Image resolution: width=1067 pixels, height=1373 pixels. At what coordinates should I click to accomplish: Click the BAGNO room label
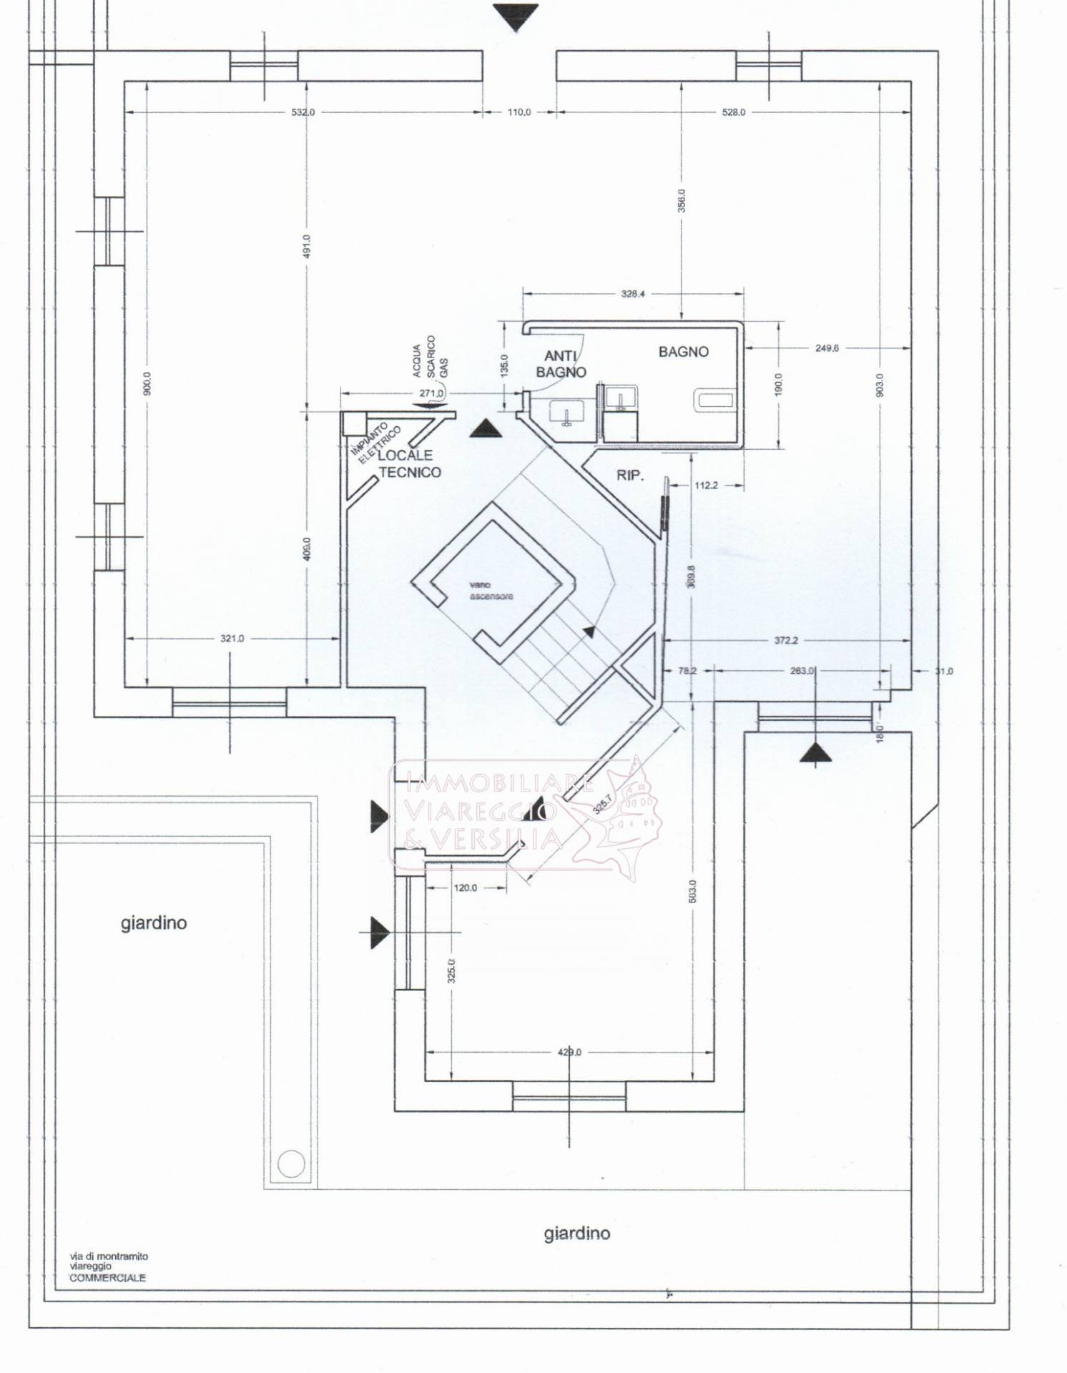tap(683, 352)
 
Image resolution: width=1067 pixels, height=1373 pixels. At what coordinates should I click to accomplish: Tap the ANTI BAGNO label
tap(561, 364)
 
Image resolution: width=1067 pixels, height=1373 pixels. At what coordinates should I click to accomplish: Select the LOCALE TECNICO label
tap(409, 463)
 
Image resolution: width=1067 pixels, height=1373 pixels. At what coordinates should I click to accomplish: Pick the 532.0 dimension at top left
tap(303, 112)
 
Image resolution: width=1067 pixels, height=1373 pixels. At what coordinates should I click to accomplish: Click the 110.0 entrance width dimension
tap(519, 112)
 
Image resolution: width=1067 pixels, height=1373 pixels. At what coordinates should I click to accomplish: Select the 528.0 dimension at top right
tap(734, 112)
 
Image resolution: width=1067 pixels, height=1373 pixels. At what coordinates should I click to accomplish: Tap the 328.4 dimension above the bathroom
tap(633, 293)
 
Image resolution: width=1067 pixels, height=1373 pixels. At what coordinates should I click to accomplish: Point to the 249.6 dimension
tap(827, 348)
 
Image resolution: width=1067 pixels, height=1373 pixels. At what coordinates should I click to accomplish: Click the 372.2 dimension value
tap(785, 641)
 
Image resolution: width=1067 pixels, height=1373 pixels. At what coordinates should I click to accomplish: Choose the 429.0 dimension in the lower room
tap(569, 1052)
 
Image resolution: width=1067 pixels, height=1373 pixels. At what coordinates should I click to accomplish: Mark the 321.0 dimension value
tap(232, 639)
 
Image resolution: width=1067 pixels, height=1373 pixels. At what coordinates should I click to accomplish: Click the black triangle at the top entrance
tap(515, 16)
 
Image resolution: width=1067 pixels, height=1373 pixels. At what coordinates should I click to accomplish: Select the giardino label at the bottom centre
tap(576, 1234)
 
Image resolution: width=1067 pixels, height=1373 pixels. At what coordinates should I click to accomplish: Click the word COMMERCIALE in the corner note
tap(108, 1278)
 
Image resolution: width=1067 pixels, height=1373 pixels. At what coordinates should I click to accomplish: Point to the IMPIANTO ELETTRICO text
tap(375, 437)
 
